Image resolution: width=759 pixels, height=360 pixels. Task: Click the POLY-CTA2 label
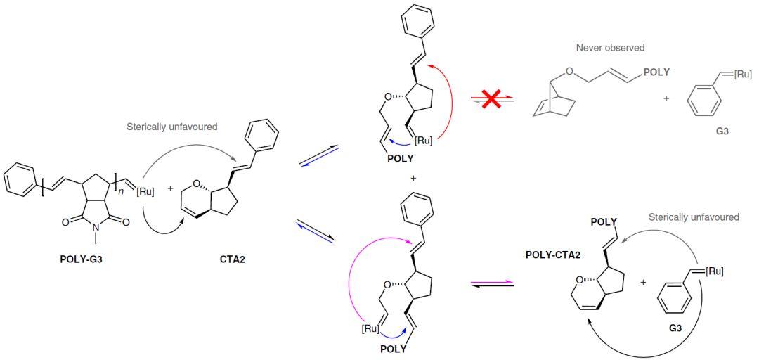[553, 255]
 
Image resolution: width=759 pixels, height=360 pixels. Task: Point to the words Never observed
[610, 48]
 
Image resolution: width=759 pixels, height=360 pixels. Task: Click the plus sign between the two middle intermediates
[413, 179]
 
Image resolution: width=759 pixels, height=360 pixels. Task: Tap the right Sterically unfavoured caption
[694, 217]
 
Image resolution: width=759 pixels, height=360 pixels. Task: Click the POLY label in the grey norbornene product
[656, 72]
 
